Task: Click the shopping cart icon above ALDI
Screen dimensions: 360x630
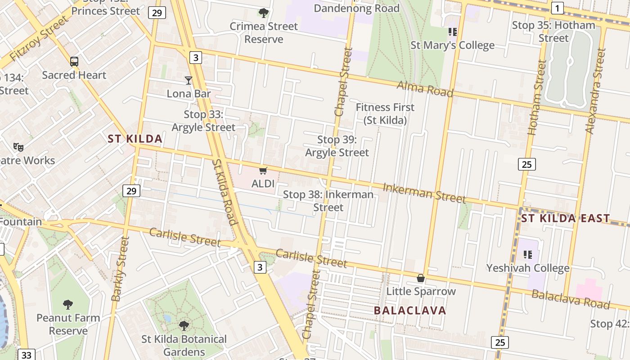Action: (263, 171)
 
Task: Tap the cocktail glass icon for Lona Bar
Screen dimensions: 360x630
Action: (189, 81)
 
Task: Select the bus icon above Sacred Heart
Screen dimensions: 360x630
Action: (74, 62)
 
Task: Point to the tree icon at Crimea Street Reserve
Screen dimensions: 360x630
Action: (264, 13)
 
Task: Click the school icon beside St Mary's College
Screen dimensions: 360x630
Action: (452, 32)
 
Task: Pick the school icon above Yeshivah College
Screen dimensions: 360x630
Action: (528, 255)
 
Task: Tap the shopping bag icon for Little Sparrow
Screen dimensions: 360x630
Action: (421, 278)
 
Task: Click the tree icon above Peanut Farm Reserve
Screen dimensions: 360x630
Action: (68, 305)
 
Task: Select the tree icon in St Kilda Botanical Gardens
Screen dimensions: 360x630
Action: (184, 325)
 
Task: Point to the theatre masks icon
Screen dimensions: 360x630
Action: (18, 147)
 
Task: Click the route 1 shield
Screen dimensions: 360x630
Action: (558, 8)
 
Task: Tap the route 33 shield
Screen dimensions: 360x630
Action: (27, 355)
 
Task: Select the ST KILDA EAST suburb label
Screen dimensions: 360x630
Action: (566, 219)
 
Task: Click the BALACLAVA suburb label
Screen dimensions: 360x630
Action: (410, 310)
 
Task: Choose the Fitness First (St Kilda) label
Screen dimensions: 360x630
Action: (385, 114)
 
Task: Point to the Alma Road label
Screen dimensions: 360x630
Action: (425, 88)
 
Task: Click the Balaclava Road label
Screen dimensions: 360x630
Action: (571, 299)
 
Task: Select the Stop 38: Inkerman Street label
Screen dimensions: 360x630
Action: (328, 201)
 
